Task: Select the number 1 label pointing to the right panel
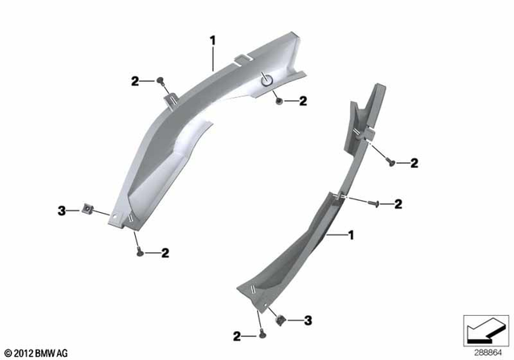[350, 235]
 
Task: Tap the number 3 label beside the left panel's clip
[59, 211]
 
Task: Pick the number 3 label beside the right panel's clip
[307, 320]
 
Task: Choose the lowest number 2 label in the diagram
[237, 336]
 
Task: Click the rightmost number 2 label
[414, 164]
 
